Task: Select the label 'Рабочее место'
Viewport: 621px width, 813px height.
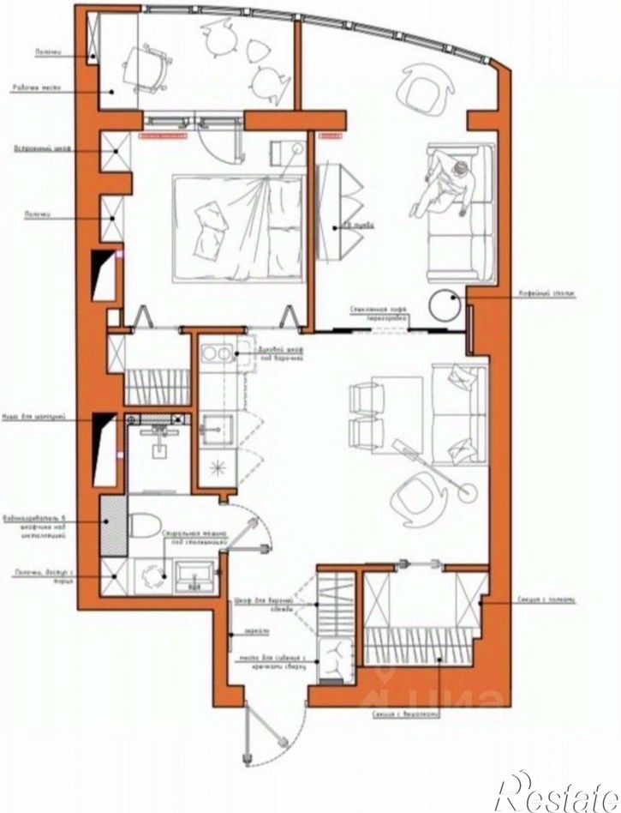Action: [x=34, y=87]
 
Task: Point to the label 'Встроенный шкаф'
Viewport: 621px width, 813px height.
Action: [x=35, y=148]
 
